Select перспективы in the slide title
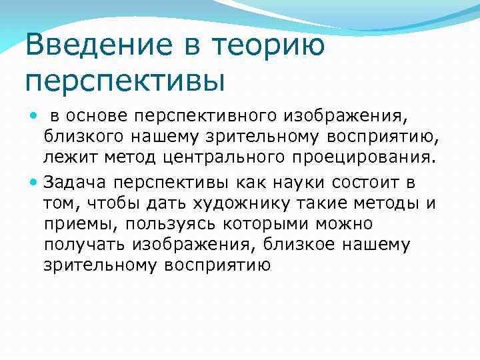click(x=125, y=81)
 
